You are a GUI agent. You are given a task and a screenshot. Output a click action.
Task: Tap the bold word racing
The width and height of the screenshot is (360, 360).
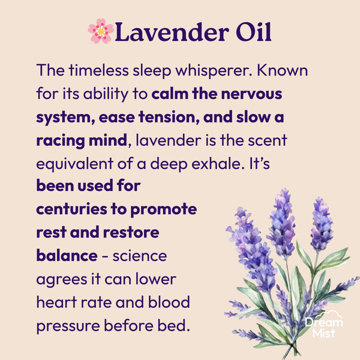(x=60, y=140)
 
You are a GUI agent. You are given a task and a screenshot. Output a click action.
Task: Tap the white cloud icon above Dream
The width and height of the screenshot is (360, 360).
(x=332, y=314)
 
